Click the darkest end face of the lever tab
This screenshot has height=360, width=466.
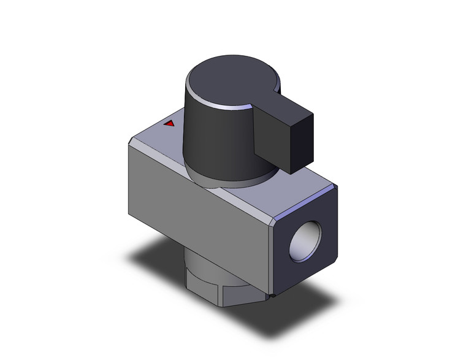tap(304, 139)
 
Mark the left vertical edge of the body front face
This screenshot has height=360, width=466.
tap(129, 178)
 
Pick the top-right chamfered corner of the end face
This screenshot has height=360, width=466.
tap(334, 187)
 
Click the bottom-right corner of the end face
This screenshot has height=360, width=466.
tap(335, 258)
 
